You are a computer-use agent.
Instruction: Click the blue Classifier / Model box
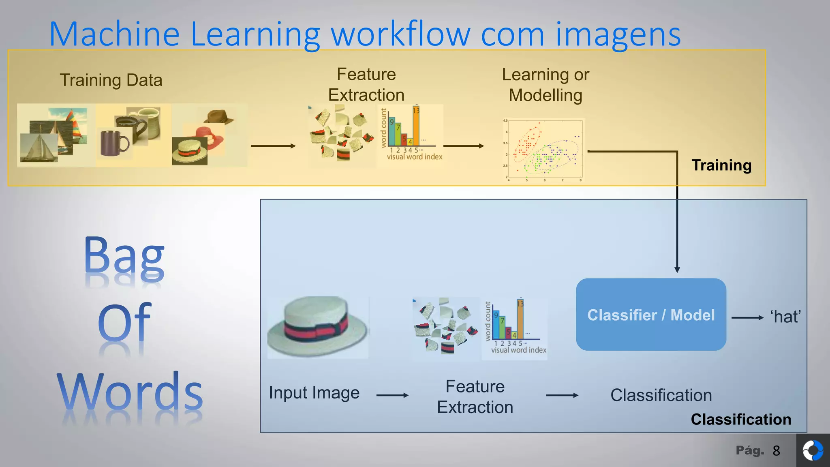coord(651,315)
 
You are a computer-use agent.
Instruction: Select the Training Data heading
coord(111,80)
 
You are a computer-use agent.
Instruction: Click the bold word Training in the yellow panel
coord(721,165)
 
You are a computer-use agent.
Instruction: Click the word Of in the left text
coord(124,323)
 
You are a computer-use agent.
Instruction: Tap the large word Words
coord(130,392)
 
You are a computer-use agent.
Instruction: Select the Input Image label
coord(314,393)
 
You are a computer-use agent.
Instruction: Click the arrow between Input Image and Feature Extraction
coord(392,395)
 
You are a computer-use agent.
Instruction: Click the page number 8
coord(776,451)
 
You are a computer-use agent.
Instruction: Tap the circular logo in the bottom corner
coord(813,451)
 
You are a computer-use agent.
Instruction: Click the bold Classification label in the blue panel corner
coord(741,420)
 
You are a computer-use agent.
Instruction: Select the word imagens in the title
coord(618,35)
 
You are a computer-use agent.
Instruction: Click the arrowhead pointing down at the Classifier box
coord(677,270)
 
